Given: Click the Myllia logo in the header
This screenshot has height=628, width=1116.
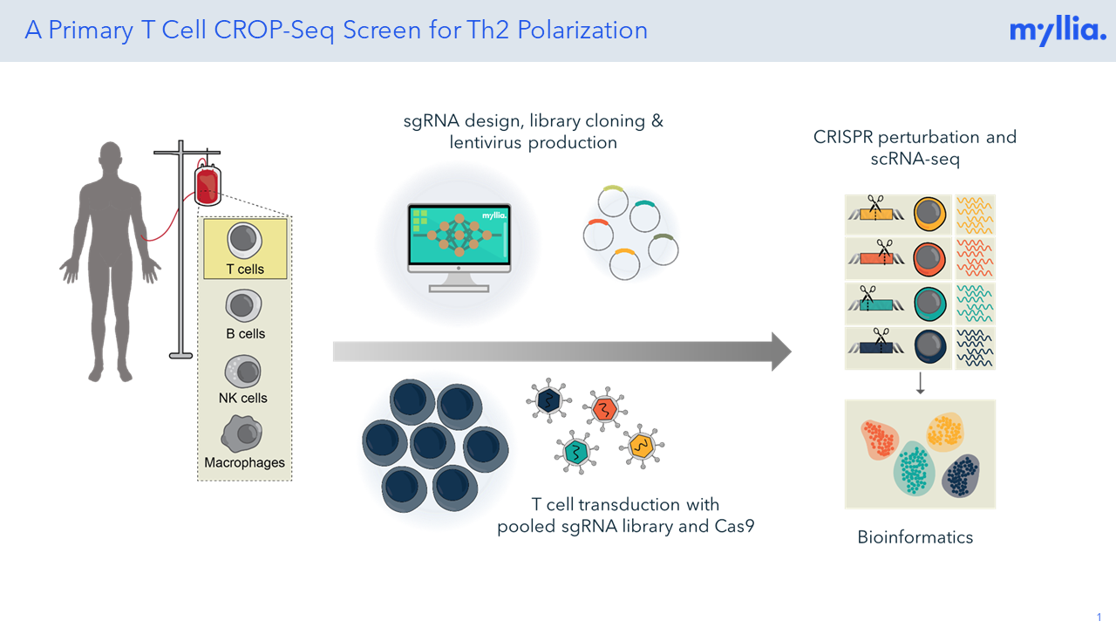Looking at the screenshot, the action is pos(1058,31).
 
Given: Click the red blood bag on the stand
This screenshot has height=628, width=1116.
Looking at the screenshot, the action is pos(208,186).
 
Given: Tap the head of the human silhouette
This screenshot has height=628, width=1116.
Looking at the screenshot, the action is pos(111,159).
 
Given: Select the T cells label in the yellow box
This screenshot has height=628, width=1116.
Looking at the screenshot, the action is pos(245,270).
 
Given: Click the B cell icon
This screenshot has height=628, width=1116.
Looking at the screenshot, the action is pos(243,305).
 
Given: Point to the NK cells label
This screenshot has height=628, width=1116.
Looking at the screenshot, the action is pos(243,398).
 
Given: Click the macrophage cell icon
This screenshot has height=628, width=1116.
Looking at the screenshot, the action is pos(242,433).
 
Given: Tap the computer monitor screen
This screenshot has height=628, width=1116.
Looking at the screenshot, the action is pos(459,235).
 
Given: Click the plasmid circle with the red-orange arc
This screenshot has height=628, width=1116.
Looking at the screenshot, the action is pos(598,235).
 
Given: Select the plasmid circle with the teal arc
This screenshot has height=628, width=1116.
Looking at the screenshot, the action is pos(644,216).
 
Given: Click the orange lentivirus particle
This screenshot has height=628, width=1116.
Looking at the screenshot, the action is pos(604,409).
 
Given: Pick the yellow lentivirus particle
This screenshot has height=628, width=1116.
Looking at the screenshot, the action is pos(642,446).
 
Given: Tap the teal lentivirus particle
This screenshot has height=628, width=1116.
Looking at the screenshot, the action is pos(576,452).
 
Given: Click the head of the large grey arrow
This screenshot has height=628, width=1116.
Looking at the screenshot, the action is pos(781,352).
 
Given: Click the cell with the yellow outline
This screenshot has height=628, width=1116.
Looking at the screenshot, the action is pos(929,215).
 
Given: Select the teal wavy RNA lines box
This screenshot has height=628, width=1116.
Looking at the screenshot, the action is pos(975,304).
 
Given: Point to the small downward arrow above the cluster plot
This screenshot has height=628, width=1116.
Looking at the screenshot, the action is pos(920,383).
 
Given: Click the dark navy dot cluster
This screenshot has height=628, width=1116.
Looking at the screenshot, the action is pos(961,475).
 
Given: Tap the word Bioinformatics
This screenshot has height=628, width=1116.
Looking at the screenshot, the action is pos(915,537).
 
